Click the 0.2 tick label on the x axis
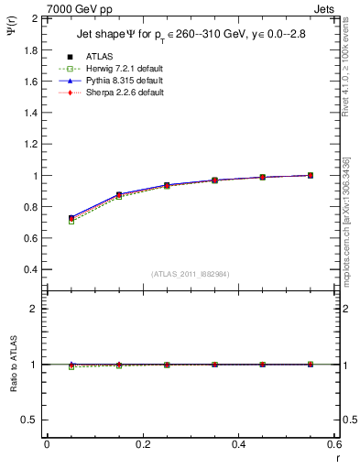[x=143, y=443]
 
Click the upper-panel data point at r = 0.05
[x=71, y=219]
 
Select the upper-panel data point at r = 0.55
[x=311, y=175]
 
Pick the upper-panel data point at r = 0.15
[x=119, y=195]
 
